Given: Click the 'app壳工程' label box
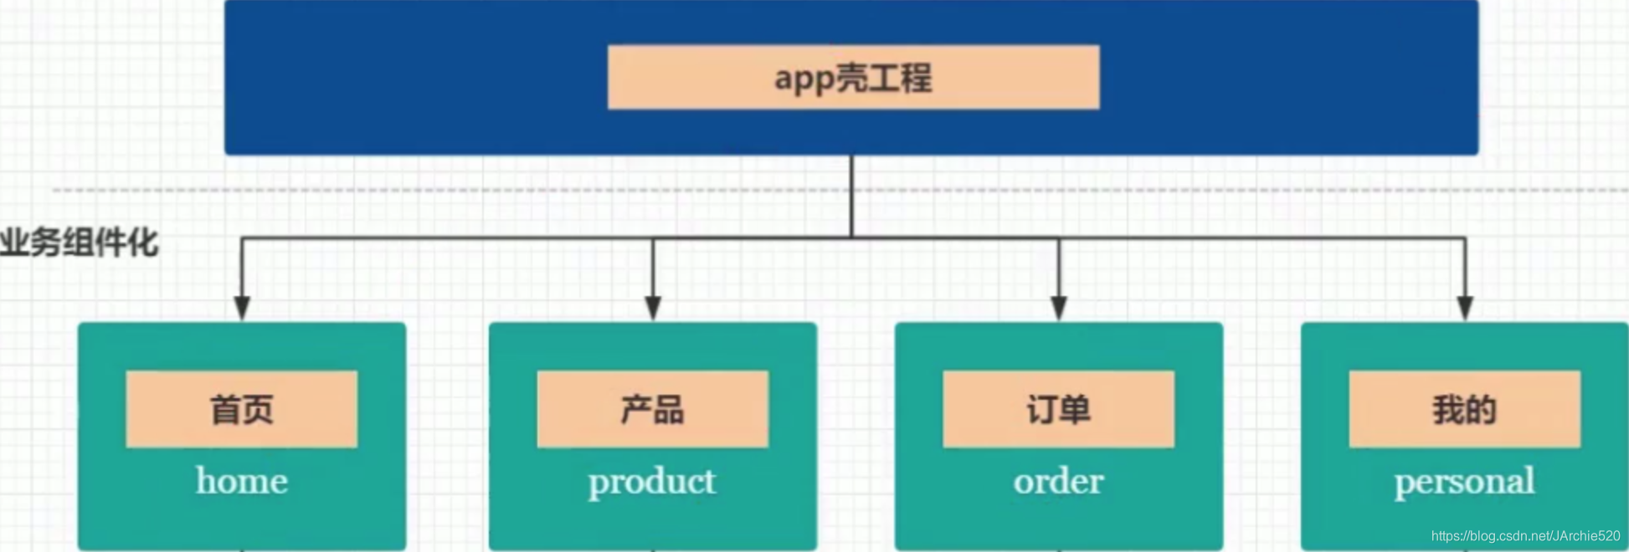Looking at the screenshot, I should (853, 77).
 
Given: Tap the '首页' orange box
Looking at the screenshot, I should (241, 409).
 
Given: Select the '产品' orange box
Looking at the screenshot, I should (652, 409).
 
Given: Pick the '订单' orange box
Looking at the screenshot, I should (1058, 409).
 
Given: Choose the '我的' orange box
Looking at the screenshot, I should (1464, 409).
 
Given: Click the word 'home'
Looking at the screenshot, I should (242, 481).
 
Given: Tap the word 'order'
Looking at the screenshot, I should (1058, 482).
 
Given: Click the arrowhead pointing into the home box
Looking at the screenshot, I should (242, 308).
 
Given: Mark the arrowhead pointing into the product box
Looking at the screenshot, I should (653, 308).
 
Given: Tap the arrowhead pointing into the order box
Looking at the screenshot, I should (1059, 308).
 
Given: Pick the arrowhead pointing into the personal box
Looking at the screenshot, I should (1465, 308).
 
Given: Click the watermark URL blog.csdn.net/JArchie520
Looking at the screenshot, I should (1525, 536).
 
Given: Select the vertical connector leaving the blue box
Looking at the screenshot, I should (852, 196).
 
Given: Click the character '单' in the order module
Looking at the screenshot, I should (1076, 410).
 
